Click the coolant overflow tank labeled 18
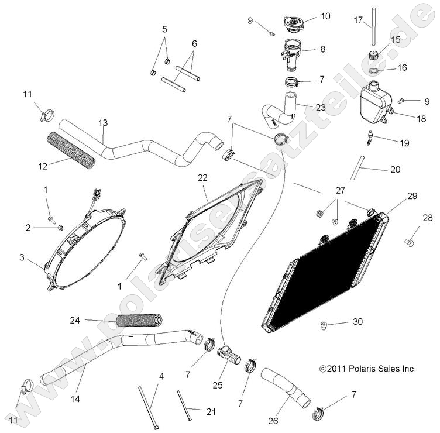tap(375, 103)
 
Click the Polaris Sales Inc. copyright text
tap(367, 369)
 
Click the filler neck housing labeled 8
tap(292, 49)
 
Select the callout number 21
tap(211, 412)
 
